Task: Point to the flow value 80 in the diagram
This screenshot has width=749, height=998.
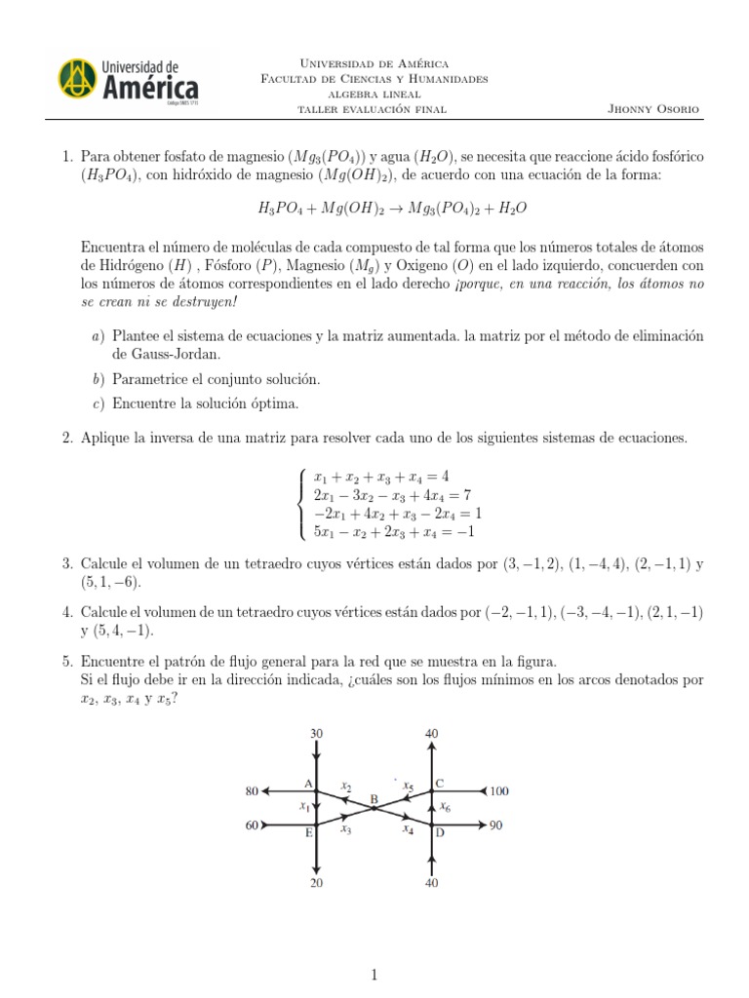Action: (x=252, y=791)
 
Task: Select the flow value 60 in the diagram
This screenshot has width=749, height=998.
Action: (x=253, y=825)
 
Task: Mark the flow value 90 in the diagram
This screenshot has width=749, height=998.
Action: (x=496, y=825)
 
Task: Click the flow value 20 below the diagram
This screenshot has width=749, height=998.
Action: (x=316, y=883)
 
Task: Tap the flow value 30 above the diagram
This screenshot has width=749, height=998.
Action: (x=316, y=732)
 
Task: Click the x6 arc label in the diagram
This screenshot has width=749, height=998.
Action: (x=445, y=806)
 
